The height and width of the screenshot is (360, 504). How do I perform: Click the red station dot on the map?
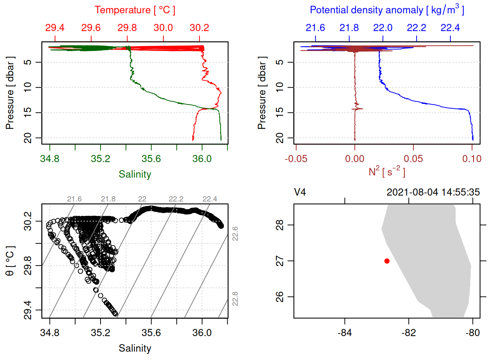387,261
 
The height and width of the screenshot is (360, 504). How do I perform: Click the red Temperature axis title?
135,10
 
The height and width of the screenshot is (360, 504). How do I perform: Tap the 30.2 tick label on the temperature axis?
199,28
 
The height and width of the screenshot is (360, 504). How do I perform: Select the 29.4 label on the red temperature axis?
55,28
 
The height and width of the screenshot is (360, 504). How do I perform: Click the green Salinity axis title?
135,174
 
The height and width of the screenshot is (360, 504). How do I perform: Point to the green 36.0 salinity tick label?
202,159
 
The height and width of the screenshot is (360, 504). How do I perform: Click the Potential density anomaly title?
387,10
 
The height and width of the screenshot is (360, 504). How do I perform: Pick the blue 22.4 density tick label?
450,28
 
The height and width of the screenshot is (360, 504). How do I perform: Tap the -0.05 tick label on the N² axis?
296,159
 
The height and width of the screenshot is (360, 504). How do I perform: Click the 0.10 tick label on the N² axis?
472,159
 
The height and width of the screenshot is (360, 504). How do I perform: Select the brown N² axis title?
387,172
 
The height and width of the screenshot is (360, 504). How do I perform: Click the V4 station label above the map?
300,192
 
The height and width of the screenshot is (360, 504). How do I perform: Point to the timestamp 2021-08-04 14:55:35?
433,192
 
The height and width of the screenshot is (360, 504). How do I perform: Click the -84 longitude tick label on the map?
344,333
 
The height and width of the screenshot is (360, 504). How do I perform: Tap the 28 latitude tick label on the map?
280,225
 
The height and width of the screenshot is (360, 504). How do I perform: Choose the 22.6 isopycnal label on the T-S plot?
235,234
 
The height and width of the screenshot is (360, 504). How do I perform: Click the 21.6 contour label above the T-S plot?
74,199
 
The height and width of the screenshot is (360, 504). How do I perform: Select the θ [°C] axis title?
10,261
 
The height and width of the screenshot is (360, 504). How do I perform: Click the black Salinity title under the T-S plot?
135,348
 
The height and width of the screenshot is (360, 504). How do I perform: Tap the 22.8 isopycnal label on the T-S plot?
235,299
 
